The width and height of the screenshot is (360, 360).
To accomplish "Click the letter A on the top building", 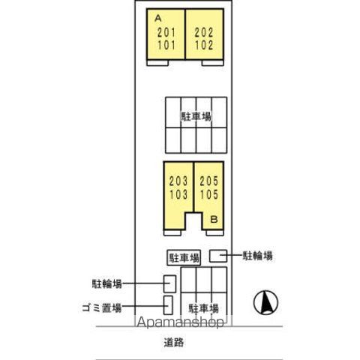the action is pos(158,18).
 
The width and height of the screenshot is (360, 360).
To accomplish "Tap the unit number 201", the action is pos(166,32).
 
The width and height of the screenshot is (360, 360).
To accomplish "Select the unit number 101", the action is pos(166,45).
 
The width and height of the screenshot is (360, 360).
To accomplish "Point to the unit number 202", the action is pos(204,32).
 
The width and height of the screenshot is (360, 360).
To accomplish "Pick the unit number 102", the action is pos(204,45).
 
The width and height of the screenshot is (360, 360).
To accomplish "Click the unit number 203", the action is pos(178,181).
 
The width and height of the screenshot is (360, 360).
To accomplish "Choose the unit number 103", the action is pos(178,194).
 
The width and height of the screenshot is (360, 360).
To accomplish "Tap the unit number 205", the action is pos(209,181).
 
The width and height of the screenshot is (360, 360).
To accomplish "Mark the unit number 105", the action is pos(209,194).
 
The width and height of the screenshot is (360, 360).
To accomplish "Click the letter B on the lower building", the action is pos(214,220).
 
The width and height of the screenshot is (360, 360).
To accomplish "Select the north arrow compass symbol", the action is pos(265,302).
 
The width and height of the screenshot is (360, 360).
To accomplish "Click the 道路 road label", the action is pos(174,342).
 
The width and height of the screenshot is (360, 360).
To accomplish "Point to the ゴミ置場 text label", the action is pos(102,307).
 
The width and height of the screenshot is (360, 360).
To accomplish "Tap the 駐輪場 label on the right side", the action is pos(257,256).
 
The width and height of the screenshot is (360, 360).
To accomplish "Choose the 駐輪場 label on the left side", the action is pos(107,283).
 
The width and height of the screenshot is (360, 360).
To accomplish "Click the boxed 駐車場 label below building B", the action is pos(184,258).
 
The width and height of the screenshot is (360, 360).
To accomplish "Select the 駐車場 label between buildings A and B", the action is pos(196,116).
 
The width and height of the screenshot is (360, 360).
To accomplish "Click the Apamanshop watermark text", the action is pos(181,322).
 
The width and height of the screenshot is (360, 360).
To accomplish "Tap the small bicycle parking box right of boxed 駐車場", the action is pos(218,256).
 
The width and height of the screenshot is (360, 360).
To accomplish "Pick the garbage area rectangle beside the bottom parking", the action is pos(168,305).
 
